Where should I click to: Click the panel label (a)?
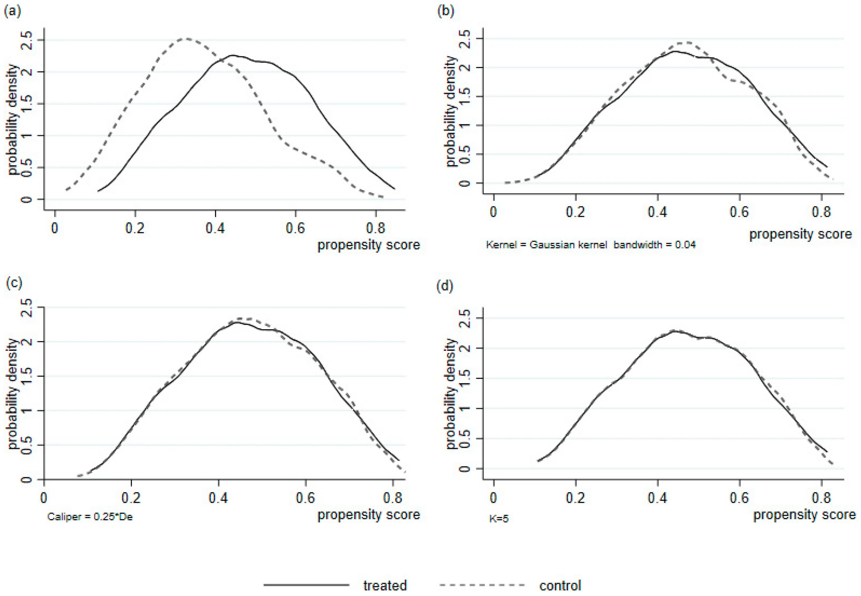[x=12, y=11]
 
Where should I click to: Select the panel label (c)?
[x=14, y=283]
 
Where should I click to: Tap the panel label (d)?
[x=445, y=286]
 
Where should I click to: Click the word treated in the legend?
[x=385, y=585]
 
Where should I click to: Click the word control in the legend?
[x=560, y=585]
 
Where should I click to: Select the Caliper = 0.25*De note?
[x=90, y=517]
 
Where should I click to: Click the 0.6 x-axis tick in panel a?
[x=295, y=228]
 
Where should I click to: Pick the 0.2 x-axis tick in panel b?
[x=575, y=212]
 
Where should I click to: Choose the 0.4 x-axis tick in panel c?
[x=218, y=498]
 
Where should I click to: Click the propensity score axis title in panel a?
[x=369, y=245]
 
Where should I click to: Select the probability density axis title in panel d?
[x=451, y=394]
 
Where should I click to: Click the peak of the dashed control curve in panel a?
[x=186, y=38]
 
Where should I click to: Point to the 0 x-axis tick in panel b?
[x=493, y=212]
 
